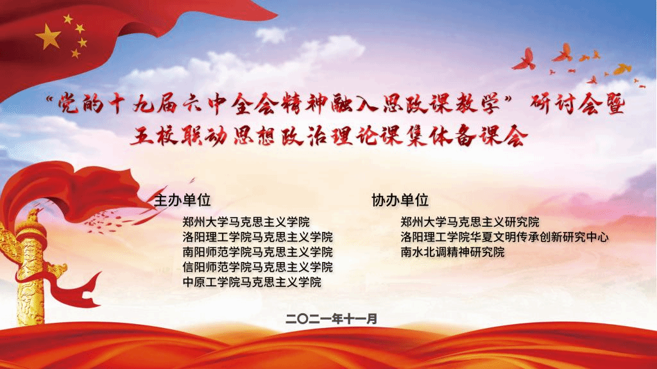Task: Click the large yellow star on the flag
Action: [x=49, y=37]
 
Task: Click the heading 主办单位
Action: [x=182, y=201]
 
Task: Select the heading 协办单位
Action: [x=400, y=201]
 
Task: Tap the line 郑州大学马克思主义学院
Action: [x=246, y=222]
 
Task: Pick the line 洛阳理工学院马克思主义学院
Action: [x=258, y=237]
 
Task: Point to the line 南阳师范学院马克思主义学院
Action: [x=258, y=252]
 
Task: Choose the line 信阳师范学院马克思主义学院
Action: [x=258, y=267]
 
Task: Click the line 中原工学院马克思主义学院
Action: [x=252, y=282]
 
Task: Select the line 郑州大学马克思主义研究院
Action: [x=470, y=222]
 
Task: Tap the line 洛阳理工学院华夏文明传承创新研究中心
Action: [x=504, y=237]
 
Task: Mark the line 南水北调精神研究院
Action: [x=452, y=252]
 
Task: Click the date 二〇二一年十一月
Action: [x=332, y=319]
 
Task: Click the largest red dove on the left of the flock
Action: [x=525, y=60]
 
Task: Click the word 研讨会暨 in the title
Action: [x=577, y=104]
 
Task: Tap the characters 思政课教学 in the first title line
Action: [x=441, y=104]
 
